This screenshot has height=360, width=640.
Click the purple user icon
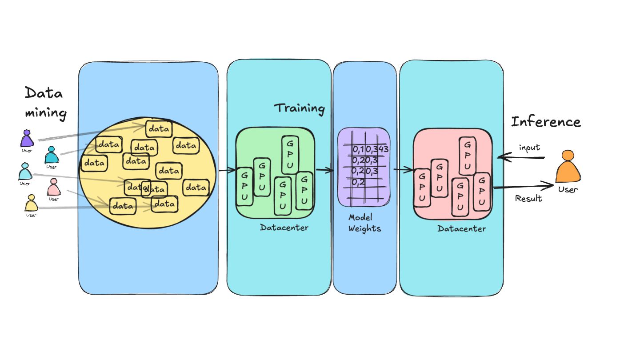click(x=27, y=139)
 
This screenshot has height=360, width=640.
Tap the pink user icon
click(x=54, y=187)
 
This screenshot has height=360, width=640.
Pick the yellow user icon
click(x=31, y=203)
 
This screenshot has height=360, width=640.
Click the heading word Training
click(x=299, y=108)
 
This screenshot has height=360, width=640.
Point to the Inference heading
click(x=546, y=122)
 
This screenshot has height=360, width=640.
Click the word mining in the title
click(x=45, y=113)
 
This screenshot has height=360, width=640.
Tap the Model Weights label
click(x=364, y=223)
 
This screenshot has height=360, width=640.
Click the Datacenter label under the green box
click(x=284, y=228)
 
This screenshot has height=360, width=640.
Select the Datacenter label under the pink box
click(x=461, y=229)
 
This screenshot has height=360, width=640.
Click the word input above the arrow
click(x=529, y=148)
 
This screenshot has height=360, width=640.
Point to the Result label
click(x=528, y=198)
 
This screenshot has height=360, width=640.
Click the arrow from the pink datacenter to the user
click(x=524, y=186)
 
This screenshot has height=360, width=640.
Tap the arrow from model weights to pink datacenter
click(x=404, y=170)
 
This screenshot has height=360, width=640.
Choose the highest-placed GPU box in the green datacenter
click(x=290, y=155)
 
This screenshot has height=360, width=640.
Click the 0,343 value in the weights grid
click(x=378, y=149)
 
